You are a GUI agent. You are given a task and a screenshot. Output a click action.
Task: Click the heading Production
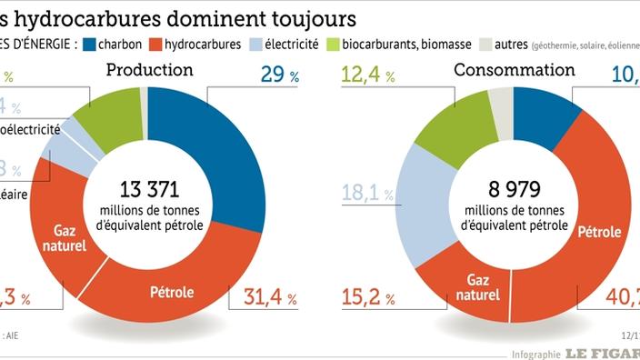[149, 70]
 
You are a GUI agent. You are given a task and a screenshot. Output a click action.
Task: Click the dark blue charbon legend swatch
[90, 43]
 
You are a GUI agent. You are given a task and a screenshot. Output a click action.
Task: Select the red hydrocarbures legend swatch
[157, 43]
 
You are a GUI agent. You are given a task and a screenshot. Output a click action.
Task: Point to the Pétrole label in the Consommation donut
[599, 232]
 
